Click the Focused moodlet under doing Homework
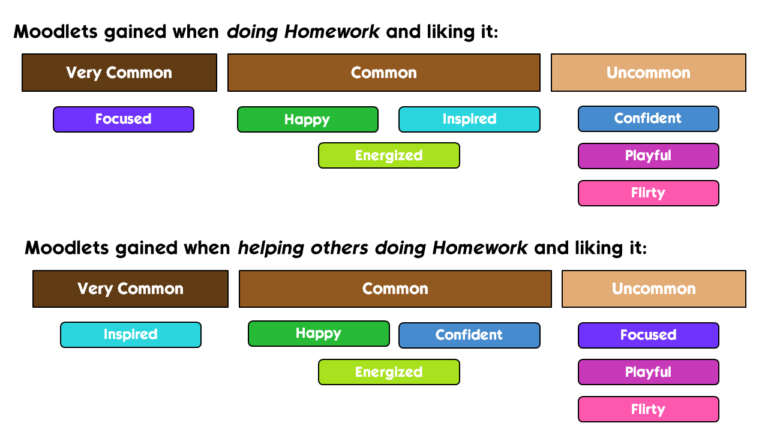tap(124, 119)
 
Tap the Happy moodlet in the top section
tap(308, 119)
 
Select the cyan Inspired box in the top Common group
tap(469, 119)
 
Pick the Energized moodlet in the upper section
tap(389, 155)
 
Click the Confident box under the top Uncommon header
tap(649, 119)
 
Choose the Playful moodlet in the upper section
tap(649, 156)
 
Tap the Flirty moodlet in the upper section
tap(649, 193)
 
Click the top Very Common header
tap(119, 73)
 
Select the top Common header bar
tap(384, 73)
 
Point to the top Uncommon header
tap(649, 73)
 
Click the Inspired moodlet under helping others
tap(131, 335)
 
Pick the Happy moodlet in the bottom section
tap(319, 334)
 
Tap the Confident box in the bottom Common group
tap(469, 335)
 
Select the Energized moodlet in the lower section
tap(389, 372)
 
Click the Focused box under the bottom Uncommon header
tap(649, 335)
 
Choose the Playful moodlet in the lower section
tap(649, 372)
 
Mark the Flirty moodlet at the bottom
tap(649, 409)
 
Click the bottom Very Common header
tap(130, 289)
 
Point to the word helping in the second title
tap(271, 248)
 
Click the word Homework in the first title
tap(332, 32)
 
